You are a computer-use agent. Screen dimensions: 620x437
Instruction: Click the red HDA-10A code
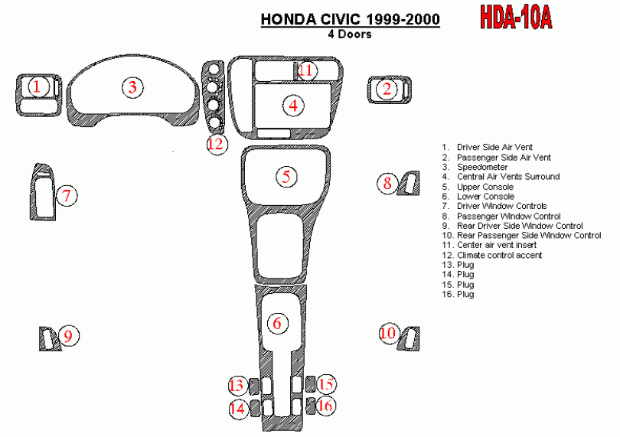pyautogui.click(x=516, y=18)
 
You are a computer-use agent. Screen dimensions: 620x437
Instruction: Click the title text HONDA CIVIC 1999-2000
pyautogui.click(x=351, y=19)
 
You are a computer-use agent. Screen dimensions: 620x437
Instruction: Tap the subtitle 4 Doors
pyautogui.click(x=350, y=34)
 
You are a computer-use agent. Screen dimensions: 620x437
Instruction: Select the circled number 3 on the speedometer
pyautogui.click(x=132, y=87)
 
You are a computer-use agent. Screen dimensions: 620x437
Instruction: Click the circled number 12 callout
pyautogui.click(x=217, y=144)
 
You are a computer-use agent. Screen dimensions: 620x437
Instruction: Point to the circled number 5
pyautogui.click(x=286, y=176)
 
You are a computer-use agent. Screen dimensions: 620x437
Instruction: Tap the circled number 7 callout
pyautogui.click(x=67, y=196)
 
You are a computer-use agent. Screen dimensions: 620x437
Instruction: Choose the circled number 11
pyautogui.click(x=305, y=70)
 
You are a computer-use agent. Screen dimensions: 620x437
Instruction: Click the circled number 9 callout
pyautogui.click(x=69, y=336)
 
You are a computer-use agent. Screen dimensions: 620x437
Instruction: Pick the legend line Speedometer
pyautogui.click(x=482, y=167)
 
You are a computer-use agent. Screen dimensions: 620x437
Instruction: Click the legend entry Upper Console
pyautogui.click(x=485, y=187)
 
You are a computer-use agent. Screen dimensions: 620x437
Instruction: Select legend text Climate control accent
pyautogui.click(x=499, y=255)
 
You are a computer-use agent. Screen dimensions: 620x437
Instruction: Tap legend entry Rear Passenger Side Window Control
pyautogui.click(x=529, y=235)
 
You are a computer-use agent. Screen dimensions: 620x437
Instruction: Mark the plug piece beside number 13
pyautogui.click(x=254, y=386)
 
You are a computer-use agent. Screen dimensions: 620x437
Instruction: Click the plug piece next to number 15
pyautogui.click(x=311, y=384)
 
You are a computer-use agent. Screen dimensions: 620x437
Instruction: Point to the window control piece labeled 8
pyautogui.click(x=409, y=183)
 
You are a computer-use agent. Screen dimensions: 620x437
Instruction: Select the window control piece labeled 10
pyautogui.click(x=409, y=339)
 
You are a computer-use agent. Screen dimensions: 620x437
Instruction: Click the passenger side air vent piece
pyautogui.click(x=390, y=90)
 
